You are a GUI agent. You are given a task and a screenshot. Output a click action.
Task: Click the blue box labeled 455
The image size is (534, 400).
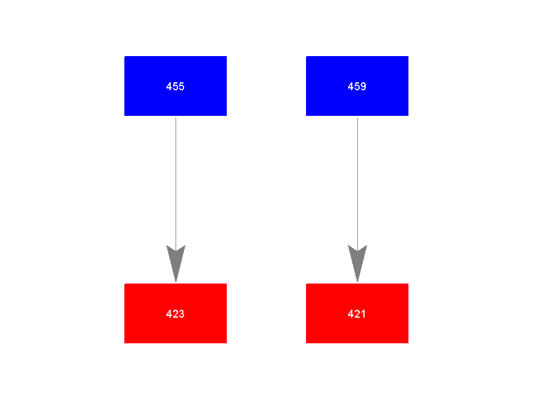(x=176, y=86)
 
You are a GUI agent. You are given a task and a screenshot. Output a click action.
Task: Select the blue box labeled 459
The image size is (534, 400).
(x=357, y=86)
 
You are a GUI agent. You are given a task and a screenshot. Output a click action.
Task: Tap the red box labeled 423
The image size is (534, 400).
(x=176, y=313)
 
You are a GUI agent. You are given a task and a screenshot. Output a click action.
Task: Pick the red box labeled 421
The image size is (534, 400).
(x=357, y=313)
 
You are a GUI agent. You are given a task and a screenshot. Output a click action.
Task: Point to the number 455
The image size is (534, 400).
(x=176, y=87)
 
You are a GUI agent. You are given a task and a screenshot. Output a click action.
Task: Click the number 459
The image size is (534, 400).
(x=357, y=87)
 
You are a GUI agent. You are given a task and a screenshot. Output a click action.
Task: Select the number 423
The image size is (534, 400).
(x=176, y=314)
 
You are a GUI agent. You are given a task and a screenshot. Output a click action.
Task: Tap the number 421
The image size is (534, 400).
(x=357, y=314)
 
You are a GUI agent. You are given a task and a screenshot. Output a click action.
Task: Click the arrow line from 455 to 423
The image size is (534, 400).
(x=176, y=200)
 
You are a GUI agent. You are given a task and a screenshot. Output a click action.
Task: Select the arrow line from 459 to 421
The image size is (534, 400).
(x=357, y=200)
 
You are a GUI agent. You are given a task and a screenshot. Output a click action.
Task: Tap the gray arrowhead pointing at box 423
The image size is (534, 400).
(x=176, y=263)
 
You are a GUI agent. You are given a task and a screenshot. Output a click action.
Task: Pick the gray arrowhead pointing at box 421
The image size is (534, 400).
(x=357, y=263)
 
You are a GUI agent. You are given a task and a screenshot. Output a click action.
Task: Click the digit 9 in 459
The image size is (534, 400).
(x=363, y=87)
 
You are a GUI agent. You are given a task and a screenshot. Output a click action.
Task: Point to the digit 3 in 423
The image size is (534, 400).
(x=182, y=314)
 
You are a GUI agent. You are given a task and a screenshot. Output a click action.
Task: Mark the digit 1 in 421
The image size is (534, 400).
(x=363, y=314)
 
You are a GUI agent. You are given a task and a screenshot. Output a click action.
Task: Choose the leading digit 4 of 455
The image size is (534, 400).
(x=169, y=87)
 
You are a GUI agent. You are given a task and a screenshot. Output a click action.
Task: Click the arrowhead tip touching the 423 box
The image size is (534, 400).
(x=176, y=282)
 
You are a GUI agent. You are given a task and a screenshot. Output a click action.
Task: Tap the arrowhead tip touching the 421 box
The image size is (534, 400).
(x=357, y=282)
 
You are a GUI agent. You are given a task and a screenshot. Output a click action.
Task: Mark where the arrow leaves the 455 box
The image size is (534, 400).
(x=176, y=118)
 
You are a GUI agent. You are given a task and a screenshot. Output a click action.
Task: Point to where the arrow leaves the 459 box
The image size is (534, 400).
(x=357, y=118)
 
